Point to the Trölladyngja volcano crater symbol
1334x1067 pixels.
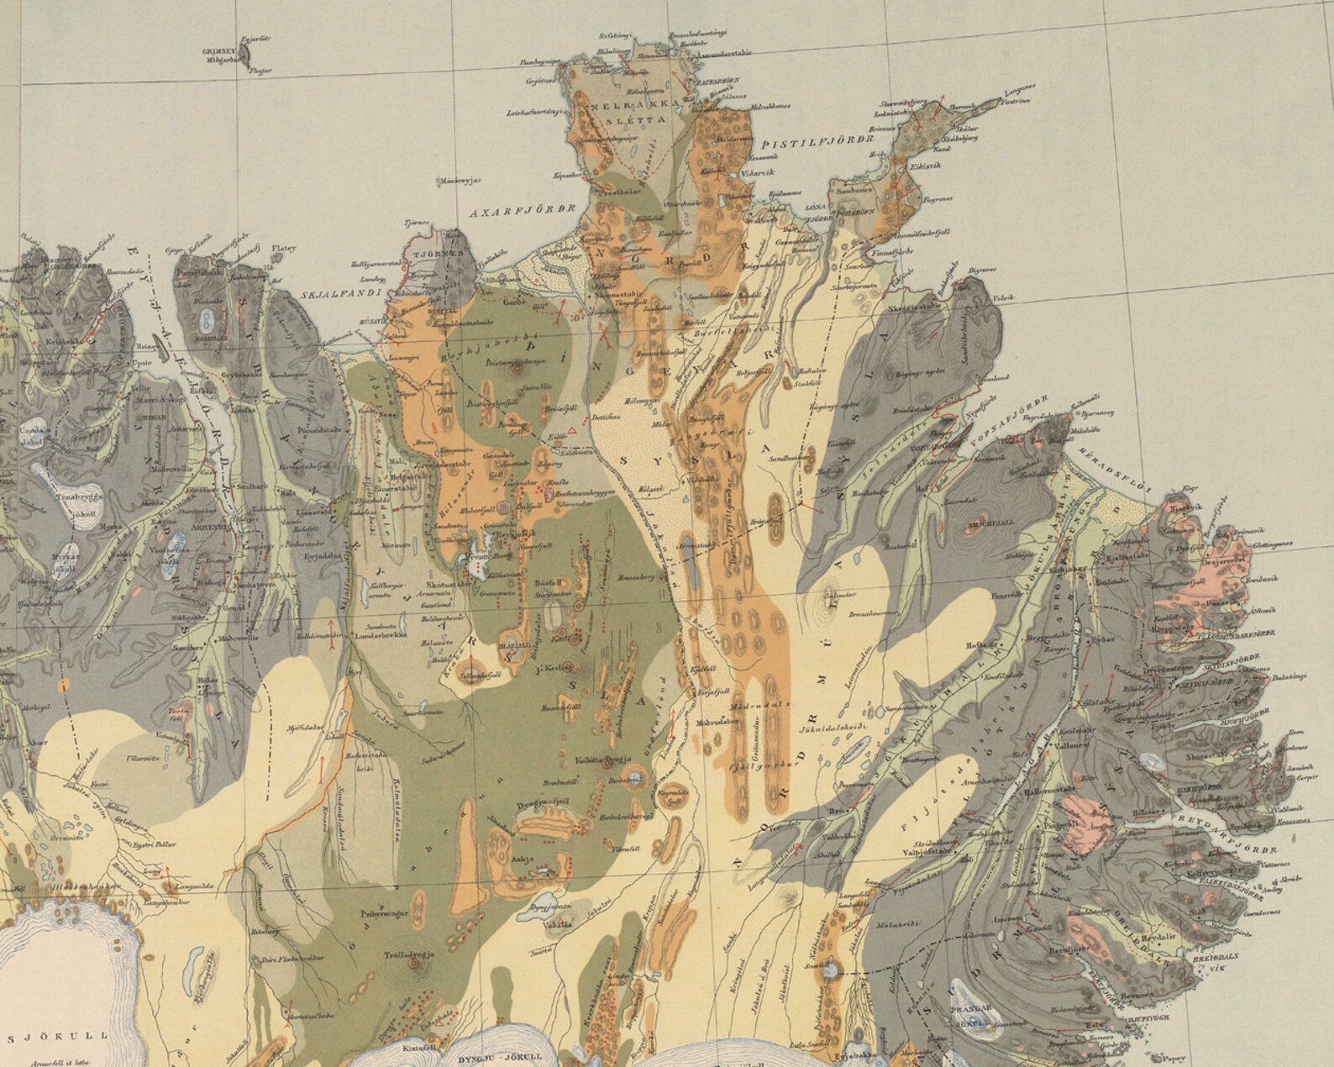415,965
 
